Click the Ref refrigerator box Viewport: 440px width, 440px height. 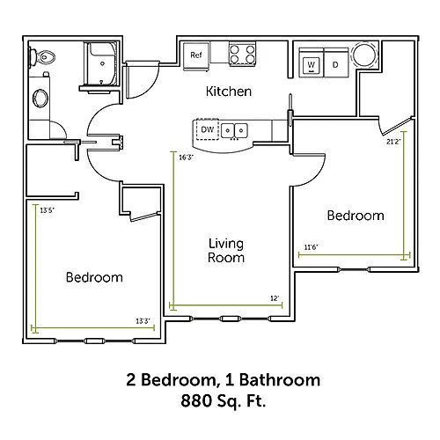click(196, 55)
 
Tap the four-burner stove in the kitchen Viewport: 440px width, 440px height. click(242, 55)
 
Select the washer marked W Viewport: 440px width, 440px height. click(312, 63)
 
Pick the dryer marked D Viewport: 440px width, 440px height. click(336, 63)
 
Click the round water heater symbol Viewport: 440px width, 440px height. click(364, 55)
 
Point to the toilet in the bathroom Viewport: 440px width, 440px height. click(42, 57)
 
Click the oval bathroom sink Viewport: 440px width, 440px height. click(40, 98)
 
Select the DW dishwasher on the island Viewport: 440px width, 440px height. click(207, 129)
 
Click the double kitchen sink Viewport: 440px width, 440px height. click(234, 131)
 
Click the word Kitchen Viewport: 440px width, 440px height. click(229, 92)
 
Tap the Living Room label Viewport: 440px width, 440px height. click(226, 251)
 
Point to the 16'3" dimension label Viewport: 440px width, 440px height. click(187, 158)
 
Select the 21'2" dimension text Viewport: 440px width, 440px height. click(393, 142)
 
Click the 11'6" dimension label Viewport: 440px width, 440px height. click(311, 247)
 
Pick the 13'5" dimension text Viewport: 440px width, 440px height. click(48, 210)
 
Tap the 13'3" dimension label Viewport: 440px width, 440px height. click(143, 321)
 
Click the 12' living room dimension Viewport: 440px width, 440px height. click(275, 298)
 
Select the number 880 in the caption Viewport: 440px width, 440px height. click(196, 400)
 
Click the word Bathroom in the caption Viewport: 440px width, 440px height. click(280, 380)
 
